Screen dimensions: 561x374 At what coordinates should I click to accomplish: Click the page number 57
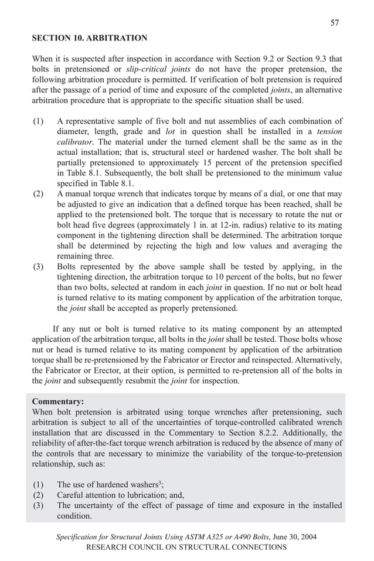(x=335, y=23)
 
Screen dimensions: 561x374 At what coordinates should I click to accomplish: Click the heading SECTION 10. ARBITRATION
(x=89, y=38)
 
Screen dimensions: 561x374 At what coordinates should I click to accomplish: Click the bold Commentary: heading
(x=58, y=402)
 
